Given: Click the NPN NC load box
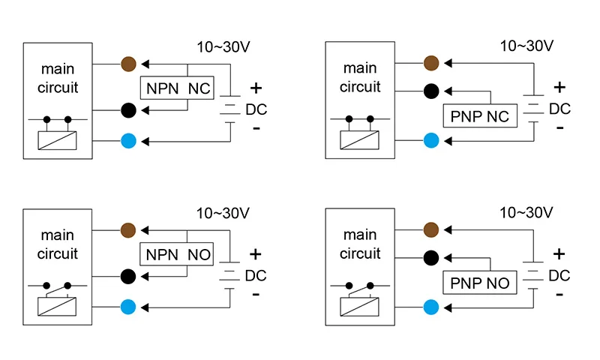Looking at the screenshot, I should [x=178, y=88].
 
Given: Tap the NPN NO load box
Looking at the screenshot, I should [x=178, y=254].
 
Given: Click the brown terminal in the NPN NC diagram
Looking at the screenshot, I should [x=128, y=63].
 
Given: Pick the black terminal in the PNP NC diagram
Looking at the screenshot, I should [x=430, y=91].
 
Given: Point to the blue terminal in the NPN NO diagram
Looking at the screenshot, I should [x=128, y=307].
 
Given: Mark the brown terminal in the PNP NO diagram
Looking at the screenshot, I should [x=430, y=229].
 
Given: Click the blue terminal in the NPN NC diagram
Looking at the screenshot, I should [x=128, y=140].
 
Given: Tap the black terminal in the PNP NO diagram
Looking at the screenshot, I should [x=430, y=258].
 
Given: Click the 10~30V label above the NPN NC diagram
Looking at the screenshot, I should [x=223, y=46].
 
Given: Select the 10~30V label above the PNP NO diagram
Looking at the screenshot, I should [x=526, y=213].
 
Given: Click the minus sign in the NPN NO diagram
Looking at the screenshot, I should [x=256, y=294].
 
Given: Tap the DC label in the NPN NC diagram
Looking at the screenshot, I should [x=256, y=110].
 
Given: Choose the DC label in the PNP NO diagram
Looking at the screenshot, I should [x=559, y=276].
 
